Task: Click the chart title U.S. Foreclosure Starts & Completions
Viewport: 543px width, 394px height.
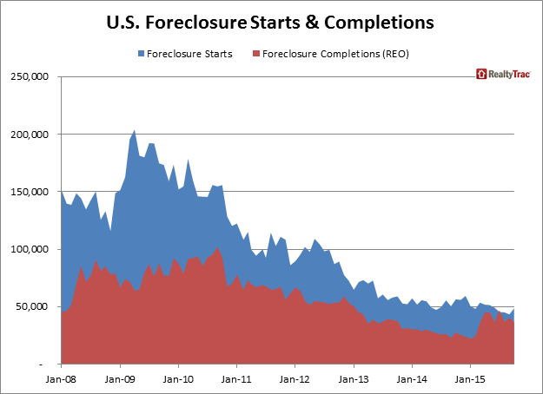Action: coord(271,18)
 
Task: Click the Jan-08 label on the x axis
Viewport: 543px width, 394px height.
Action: coord(62,378)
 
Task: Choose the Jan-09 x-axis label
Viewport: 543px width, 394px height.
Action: coord(120,378)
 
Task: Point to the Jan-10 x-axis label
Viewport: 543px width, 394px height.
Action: coord(178,378)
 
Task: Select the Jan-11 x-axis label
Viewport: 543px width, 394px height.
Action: coord(236,378)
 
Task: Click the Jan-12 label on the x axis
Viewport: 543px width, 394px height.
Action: coord(295,378)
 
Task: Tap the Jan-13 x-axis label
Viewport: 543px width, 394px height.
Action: coord(353,378)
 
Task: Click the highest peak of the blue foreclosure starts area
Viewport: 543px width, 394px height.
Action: coord(134,131)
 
